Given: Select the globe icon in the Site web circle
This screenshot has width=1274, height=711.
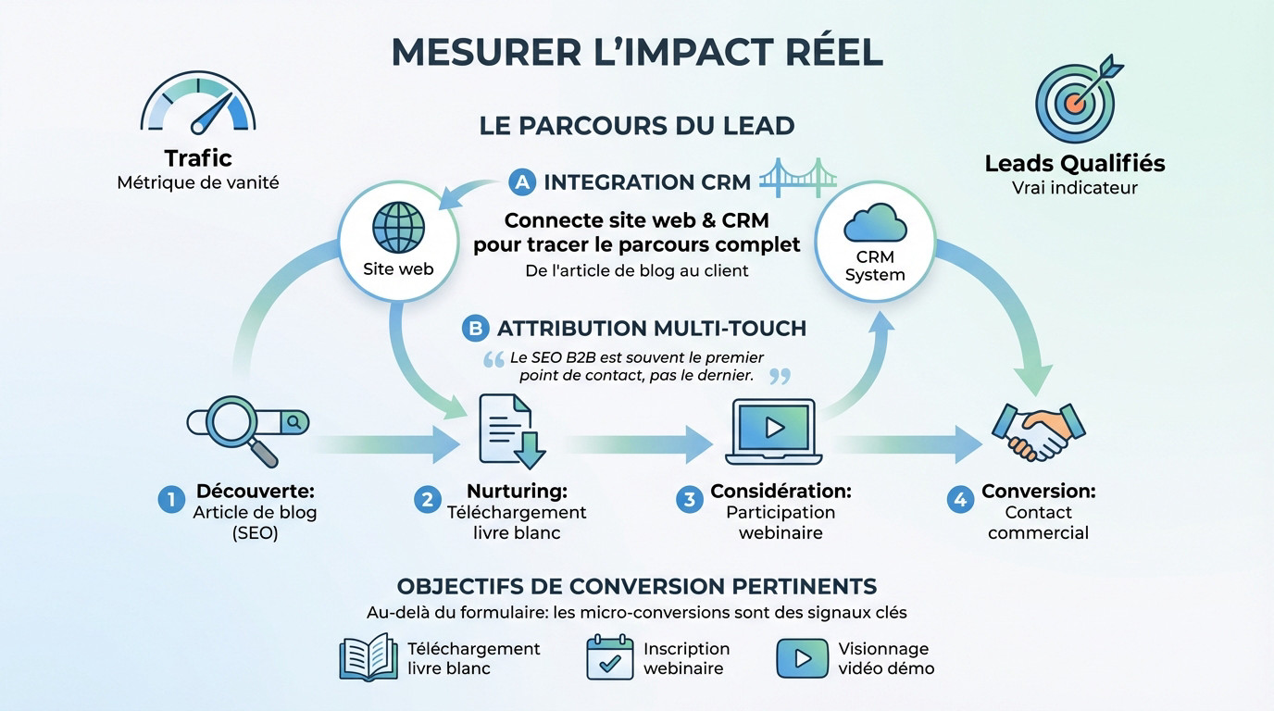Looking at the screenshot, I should (x=398, y=227).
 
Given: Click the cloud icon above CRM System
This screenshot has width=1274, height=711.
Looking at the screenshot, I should (x=875, y=225).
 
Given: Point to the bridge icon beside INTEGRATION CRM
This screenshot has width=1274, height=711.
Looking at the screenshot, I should (x=792, y=177).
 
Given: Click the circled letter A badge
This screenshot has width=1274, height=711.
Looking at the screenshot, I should (x=523, y=182).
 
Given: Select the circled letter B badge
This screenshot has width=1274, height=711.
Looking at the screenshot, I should (x=475, y=328).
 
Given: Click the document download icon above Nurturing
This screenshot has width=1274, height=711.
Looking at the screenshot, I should (x=510, y=430).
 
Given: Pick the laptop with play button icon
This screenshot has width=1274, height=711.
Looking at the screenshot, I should (x=774, y=430).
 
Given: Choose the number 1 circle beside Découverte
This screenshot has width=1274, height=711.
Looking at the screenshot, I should (x=169, y=500).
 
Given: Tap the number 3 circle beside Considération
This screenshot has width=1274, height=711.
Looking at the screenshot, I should (x=688, y=500).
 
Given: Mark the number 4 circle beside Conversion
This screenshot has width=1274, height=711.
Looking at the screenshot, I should (x=959, y=500).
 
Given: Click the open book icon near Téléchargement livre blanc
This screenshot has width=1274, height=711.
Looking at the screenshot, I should (x=368, y=657).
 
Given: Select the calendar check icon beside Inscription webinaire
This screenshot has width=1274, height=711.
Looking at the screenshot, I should (x=610, y=657).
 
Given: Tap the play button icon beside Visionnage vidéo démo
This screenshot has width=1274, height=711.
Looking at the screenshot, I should (x=802, y=657).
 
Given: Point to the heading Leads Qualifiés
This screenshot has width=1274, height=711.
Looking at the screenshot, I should (x=1074, y=164).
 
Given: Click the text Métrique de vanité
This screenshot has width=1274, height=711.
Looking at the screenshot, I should (x=198, y=182).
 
